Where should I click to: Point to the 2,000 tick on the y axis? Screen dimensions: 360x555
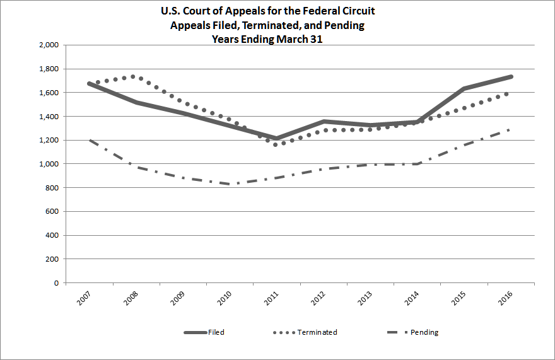click(49, 45)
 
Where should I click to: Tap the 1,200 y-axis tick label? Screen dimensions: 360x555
click(49, 141)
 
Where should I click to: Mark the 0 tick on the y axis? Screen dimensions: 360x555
click(57, 283)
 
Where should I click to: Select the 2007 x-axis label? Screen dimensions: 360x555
click(83, 298)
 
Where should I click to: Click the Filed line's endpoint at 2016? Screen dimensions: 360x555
click(511, 76)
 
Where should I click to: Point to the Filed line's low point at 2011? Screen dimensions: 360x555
click(276, 139)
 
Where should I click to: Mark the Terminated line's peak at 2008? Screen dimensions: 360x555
click(133, 76)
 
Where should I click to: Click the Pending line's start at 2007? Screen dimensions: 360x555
click(89, 139)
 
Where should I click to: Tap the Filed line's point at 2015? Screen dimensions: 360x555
click(464, 88)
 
